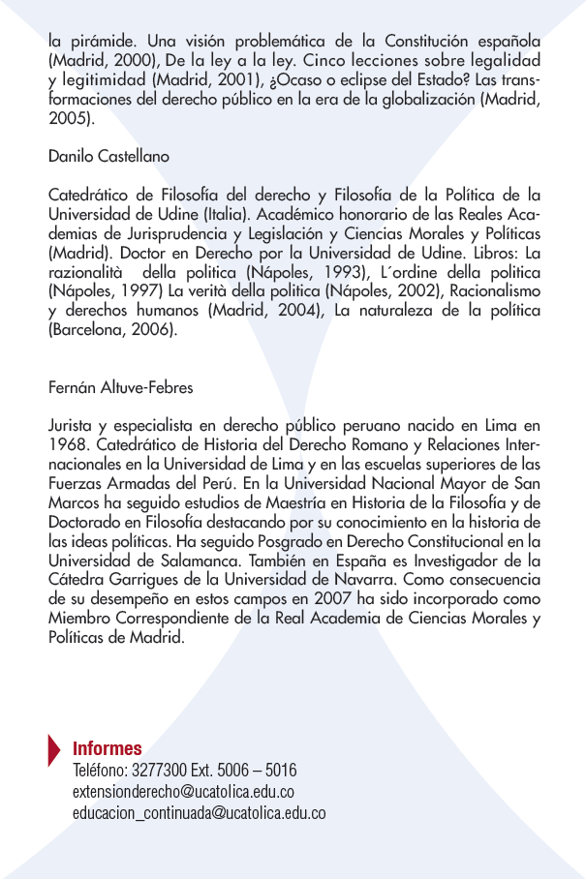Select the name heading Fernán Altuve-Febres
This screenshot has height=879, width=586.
(120, 388)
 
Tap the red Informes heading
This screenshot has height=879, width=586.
(108, 748)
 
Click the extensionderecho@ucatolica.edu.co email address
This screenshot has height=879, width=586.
(183, 792)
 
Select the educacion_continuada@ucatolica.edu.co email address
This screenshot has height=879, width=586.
(199, 813)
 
